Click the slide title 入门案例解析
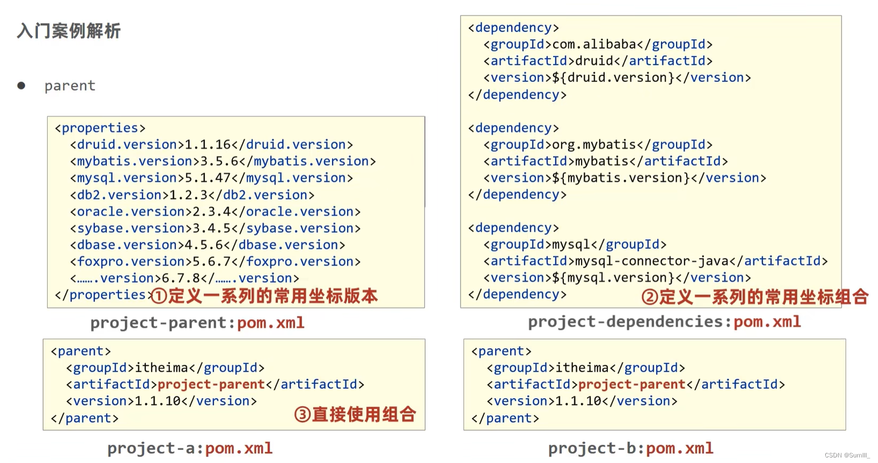coord(69,31)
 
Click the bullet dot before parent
coord(21,86)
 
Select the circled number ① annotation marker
coord(159,296)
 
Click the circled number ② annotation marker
coord(649,297)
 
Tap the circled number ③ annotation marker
coord(302,414)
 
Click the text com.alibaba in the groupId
coord(594,45)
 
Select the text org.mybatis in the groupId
coord(594,145)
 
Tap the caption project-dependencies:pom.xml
coord(664,322)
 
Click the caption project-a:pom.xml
coord(190,448)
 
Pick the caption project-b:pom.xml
coord(631,448)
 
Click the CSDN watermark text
coord(847,455)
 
